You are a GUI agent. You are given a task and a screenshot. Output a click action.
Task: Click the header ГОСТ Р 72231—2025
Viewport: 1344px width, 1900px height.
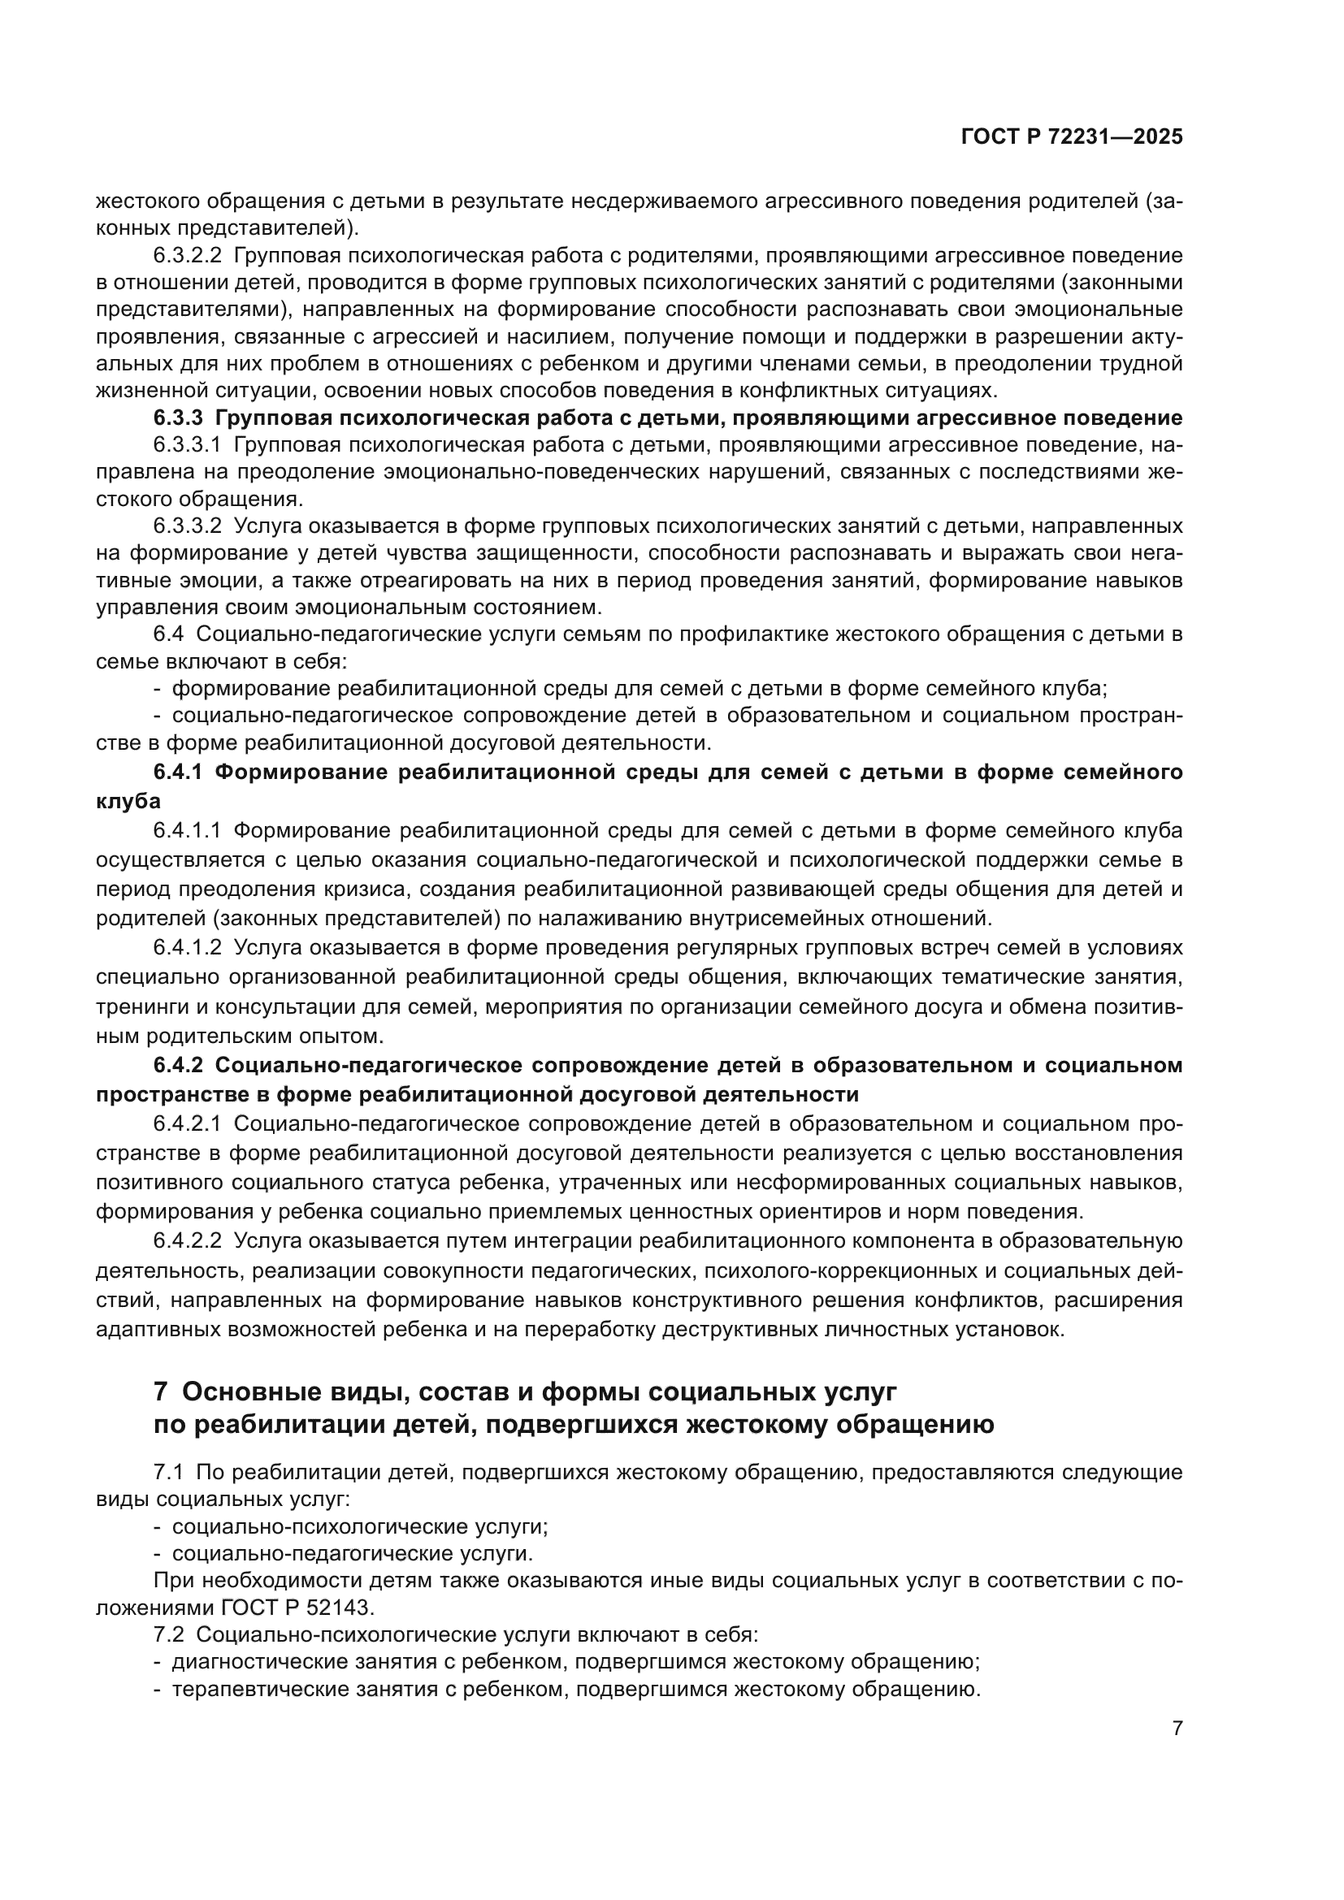1072,137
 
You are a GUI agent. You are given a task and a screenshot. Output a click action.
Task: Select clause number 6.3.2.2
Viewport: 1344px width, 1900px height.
187,256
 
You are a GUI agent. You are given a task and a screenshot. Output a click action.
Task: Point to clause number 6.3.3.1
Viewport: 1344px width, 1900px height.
187,445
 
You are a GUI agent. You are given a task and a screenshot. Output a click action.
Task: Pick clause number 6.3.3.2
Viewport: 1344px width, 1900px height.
187,526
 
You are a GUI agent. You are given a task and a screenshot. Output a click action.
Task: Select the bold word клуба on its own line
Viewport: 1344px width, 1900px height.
128,801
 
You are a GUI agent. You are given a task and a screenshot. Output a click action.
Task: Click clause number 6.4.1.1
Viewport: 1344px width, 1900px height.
187,830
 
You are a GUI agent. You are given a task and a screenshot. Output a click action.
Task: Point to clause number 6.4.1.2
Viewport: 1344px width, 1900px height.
187,947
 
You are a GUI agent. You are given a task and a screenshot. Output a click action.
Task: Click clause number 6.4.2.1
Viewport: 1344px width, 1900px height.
187,1123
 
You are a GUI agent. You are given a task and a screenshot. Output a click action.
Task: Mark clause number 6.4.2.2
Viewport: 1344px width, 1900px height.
187,1241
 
